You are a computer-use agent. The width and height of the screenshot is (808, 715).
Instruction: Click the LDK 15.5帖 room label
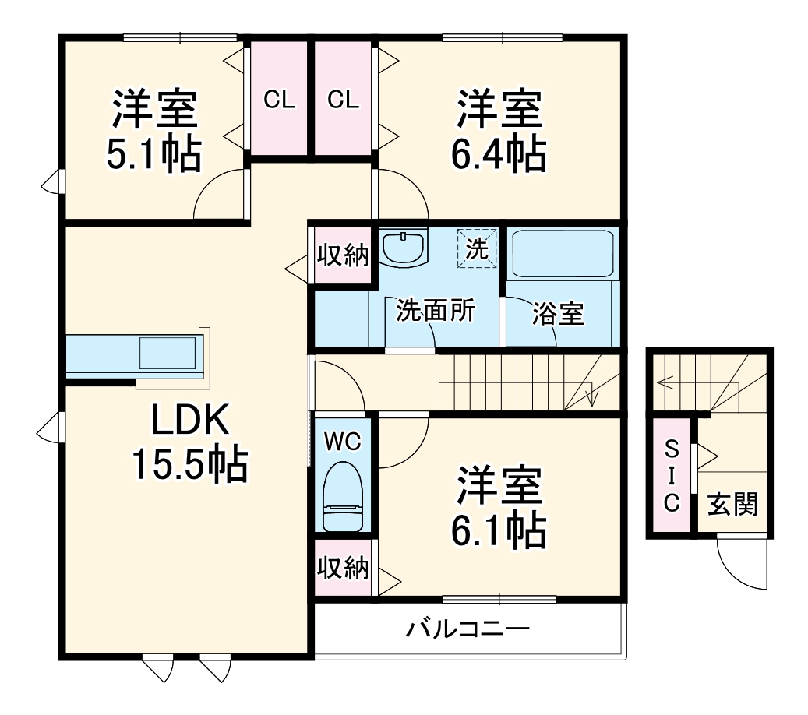(189, 443)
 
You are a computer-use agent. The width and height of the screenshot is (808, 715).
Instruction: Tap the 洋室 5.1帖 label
(153, 131)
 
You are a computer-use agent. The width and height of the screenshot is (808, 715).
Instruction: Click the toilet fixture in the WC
(343, 497)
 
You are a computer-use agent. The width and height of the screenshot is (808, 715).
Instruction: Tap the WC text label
(343, 442)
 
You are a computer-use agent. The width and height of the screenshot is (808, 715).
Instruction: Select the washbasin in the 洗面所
(404, 247)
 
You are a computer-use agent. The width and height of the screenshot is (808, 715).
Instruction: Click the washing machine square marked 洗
(477, 248)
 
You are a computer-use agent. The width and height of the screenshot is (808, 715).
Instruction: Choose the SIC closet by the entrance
(671, 476)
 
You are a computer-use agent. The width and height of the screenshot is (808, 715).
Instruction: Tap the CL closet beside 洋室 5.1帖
(278, 99)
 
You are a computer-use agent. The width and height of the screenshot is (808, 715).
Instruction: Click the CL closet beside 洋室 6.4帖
(343, 99)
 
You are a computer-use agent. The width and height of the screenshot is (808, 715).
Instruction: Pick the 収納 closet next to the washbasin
(342, 255)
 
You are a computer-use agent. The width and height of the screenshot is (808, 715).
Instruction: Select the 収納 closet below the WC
(343, 569)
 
